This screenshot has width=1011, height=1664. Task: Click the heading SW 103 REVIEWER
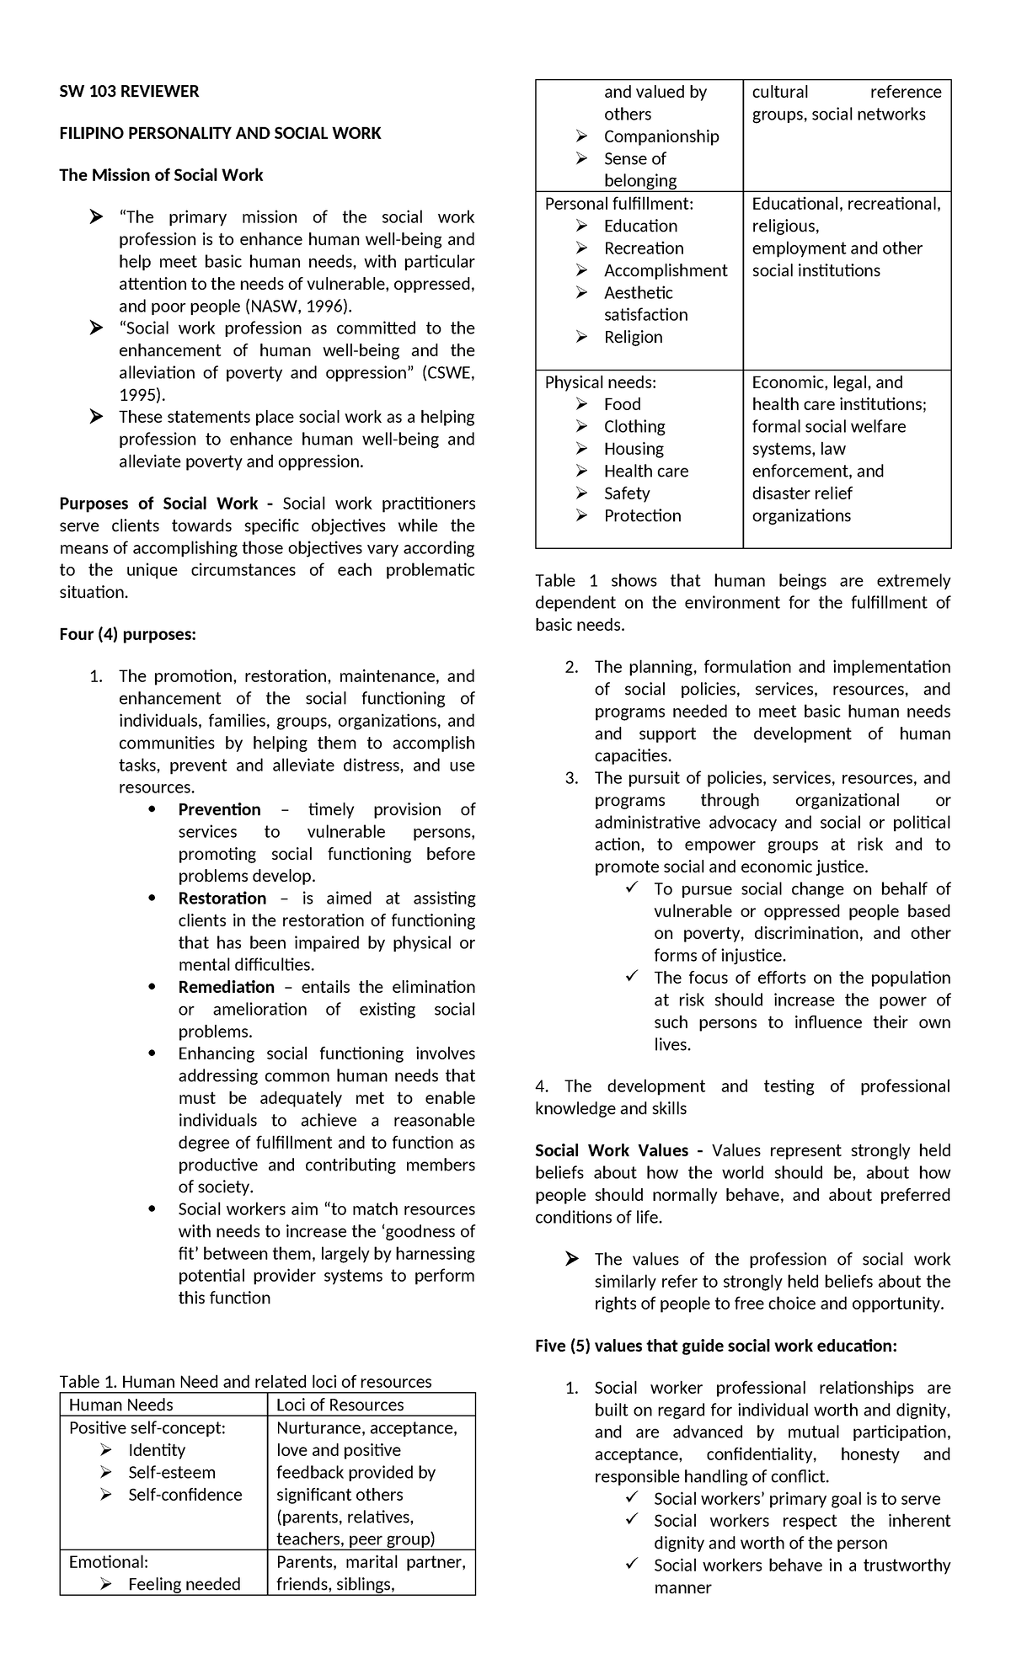(x=129, y=92)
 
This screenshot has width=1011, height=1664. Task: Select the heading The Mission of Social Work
(x=161, y=175)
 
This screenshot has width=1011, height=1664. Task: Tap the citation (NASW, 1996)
(x=300, y=306)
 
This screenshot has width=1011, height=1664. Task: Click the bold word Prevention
(x=219, y=809)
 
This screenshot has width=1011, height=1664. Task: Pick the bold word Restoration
(x=222, y=899)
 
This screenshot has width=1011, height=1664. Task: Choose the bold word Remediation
(x=226, y=987)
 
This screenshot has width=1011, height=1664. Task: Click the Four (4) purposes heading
(x=127, y=634)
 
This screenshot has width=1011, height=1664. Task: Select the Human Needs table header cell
(x=121, y=1405)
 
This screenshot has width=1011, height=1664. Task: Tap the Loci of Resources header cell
(x=340, y=1405)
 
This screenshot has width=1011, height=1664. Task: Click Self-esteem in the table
(x=172, y=1472)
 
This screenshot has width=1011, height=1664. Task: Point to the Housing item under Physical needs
(x=634, y=449)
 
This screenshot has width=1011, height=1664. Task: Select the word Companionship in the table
(x=661, y=136)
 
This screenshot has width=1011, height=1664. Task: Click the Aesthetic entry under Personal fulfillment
(x=639, y=292)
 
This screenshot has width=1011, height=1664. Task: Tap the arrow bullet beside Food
(x=582, y=405)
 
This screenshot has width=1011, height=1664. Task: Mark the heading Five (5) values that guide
(x=715, y=1346)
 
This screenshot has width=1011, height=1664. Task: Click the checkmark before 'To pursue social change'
(x=632, y=888)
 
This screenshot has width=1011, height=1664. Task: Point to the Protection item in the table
(x=642, y=515)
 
